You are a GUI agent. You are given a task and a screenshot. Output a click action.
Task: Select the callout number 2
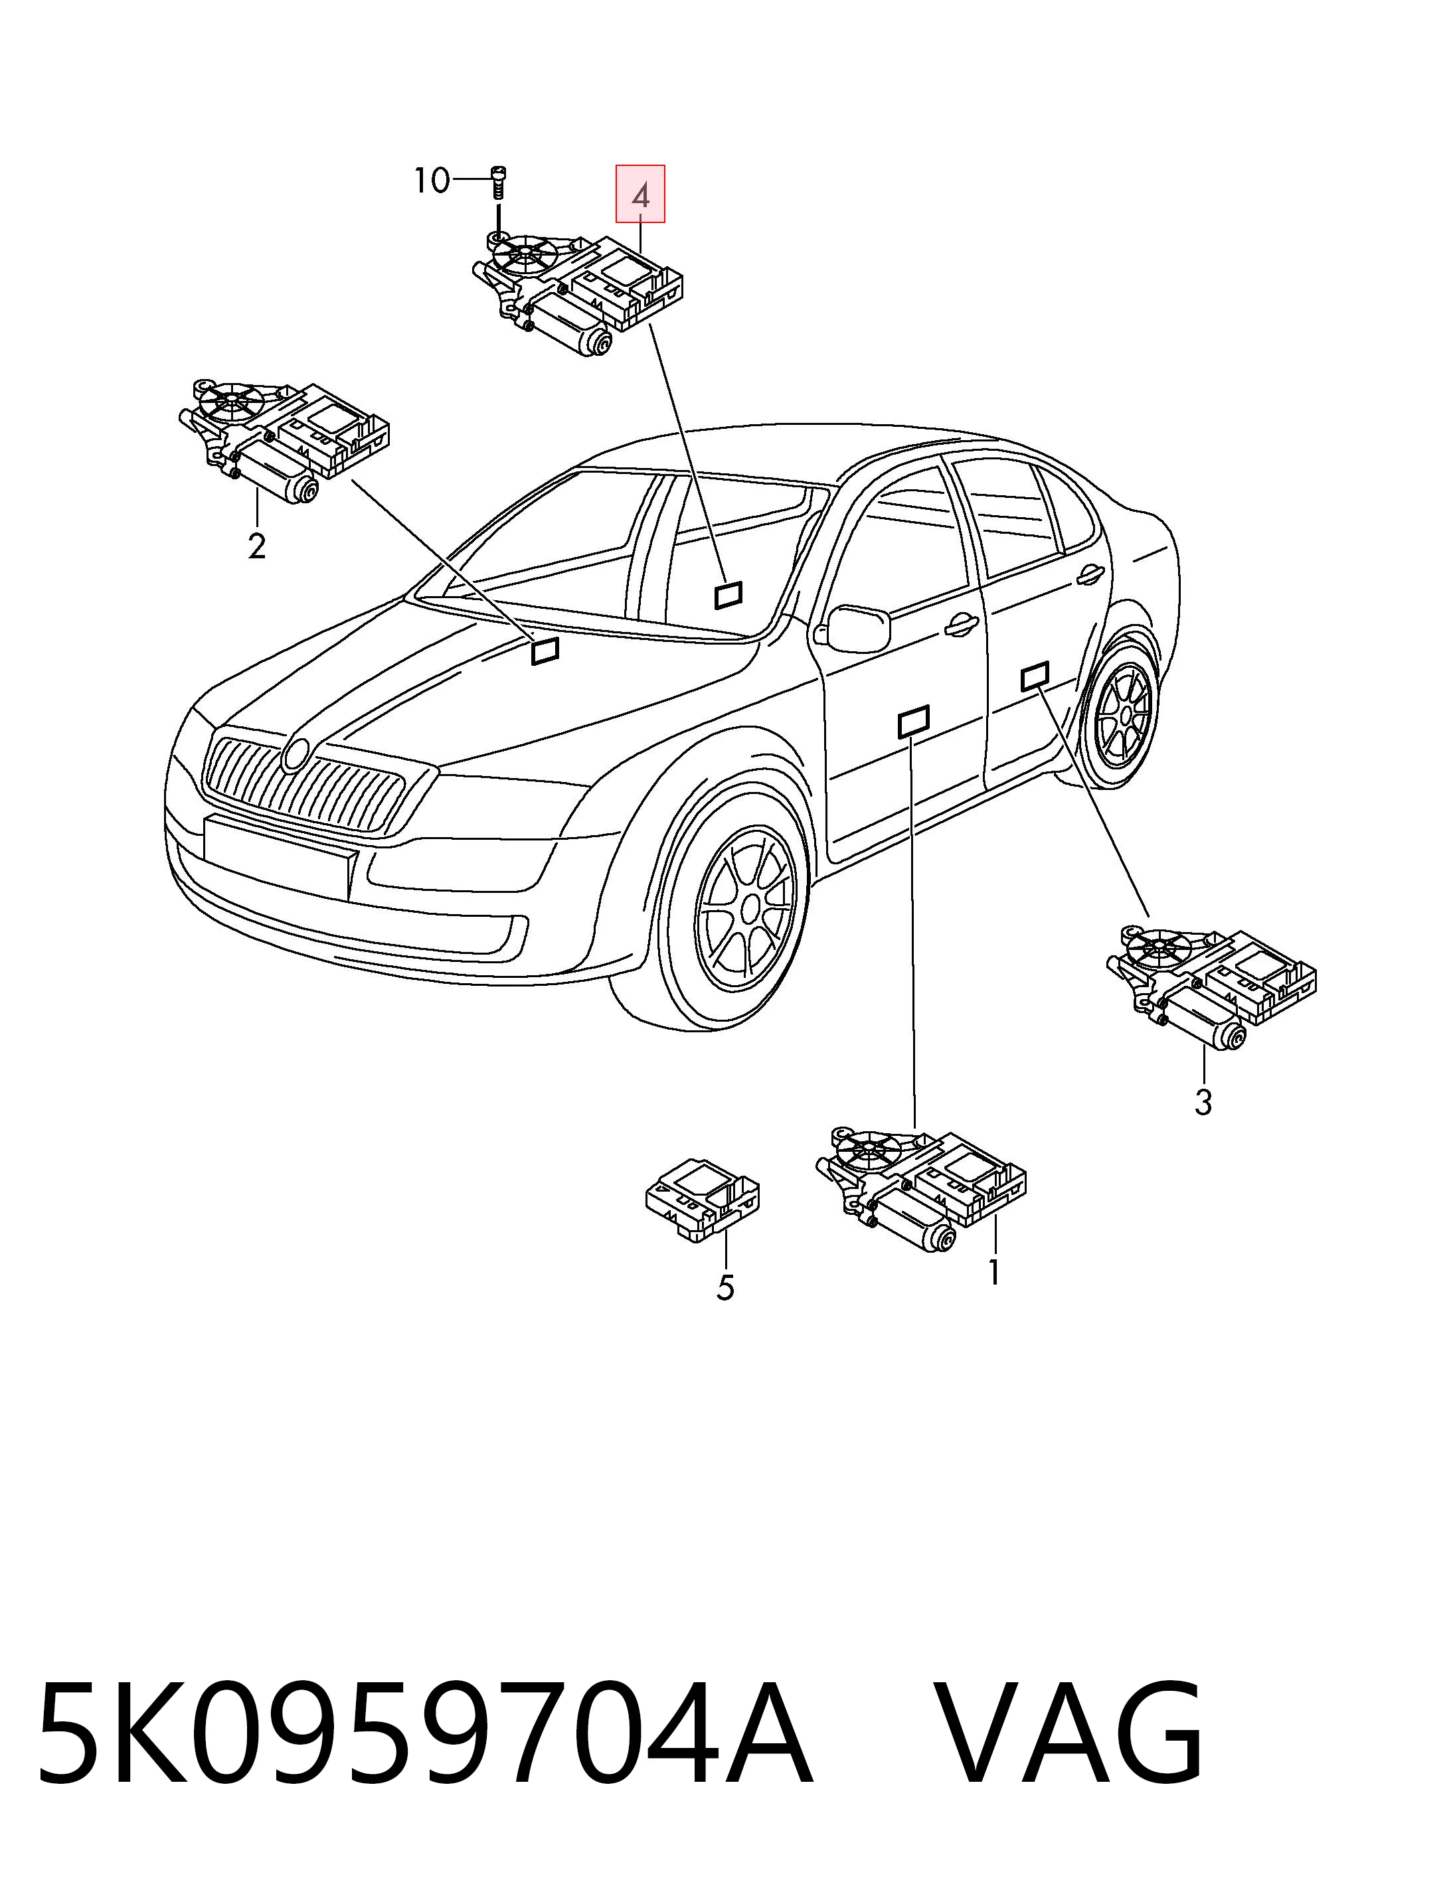[256, 546]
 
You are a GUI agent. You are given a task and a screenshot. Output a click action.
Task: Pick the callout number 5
[726, 1288]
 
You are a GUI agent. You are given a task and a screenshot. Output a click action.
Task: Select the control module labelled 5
[703, 1200]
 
